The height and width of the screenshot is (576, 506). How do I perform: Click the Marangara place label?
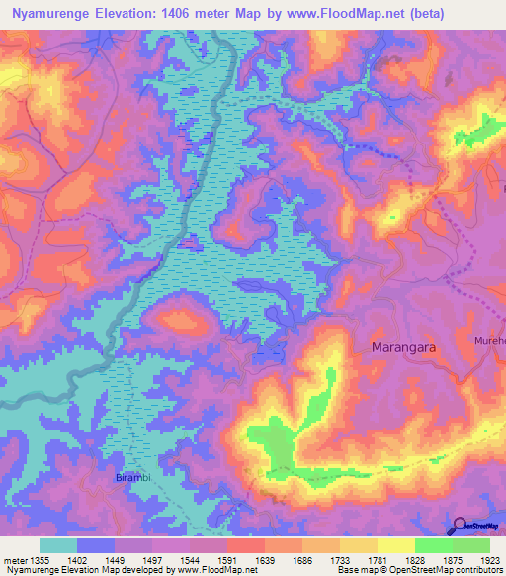pos(403,348)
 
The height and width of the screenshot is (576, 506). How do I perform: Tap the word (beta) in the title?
pos(421,14)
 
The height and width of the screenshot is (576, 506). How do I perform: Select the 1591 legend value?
pos(244,559)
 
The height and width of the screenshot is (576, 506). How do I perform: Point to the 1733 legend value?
pos(357,559)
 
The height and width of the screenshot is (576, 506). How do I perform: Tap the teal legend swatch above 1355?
pos(57,545)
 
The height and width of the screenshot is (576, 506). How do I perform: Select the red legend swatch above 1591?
pos(245,545)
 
